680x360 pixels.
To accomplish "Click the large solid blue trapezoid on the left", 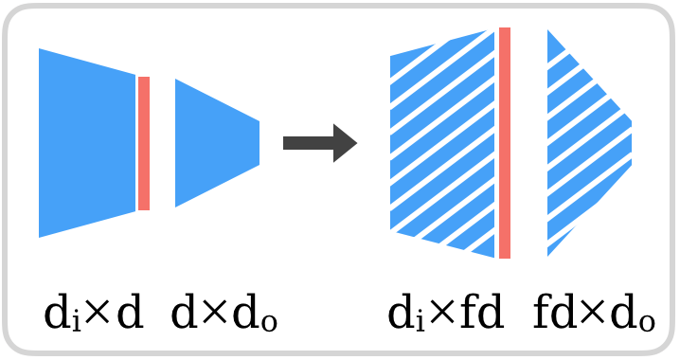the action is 87,143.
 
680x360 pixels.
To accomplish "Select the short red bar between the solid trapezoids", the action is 144,143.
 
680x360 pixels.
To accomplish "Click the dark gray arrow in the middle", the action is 318,143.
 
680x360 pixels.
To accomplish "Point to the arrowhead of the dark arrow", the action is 345,143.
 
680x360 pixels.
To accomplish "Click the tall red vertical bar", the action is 505,143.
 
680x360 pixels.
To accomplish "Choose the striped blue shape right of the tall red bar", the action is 582,142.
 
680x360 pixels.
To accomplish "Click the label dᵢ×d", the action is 94,313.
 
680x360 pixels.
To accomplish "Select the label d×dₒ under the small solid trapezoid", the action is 224,313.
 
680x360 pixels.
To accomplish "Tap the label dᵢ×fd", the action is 445,313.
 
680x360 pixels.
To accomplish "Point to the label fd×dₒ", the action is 594,313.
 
